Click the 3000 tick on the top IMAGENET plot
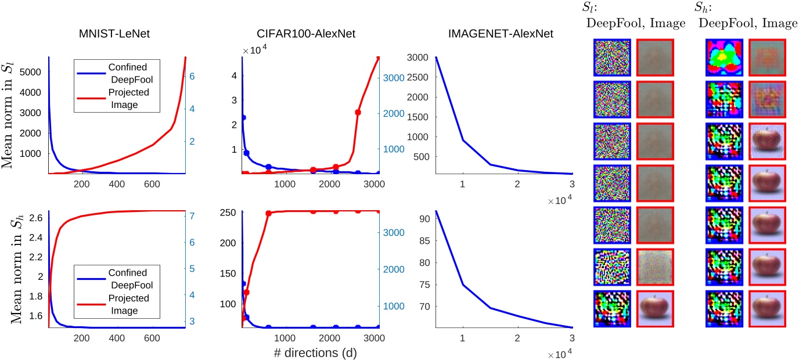click(421, 57)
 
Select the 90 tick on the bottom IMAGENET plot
click(425, 219)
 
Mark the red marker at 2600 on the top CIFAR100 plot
click(358, 113)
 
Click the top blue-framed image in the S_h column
click(724, 57)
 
